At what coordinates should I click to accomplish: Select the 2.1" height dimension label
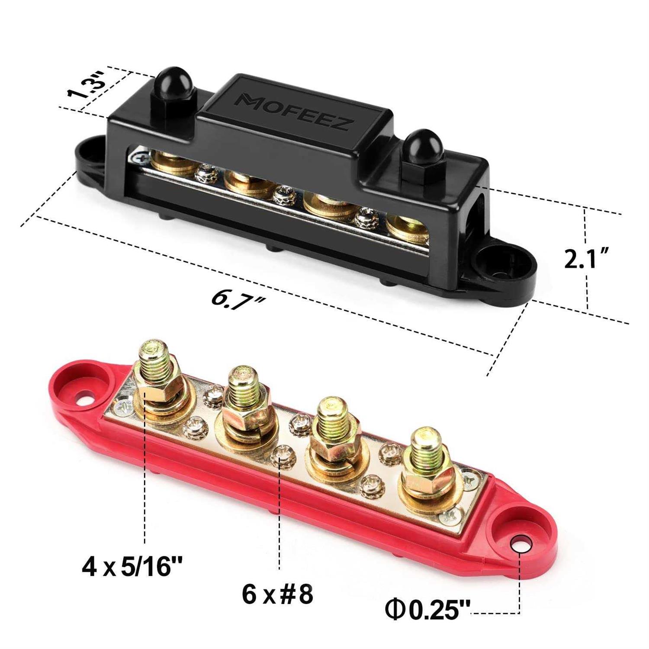tap(587, 260)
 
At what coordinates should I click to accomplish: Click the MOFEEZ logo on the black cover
tap(293, 112)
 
